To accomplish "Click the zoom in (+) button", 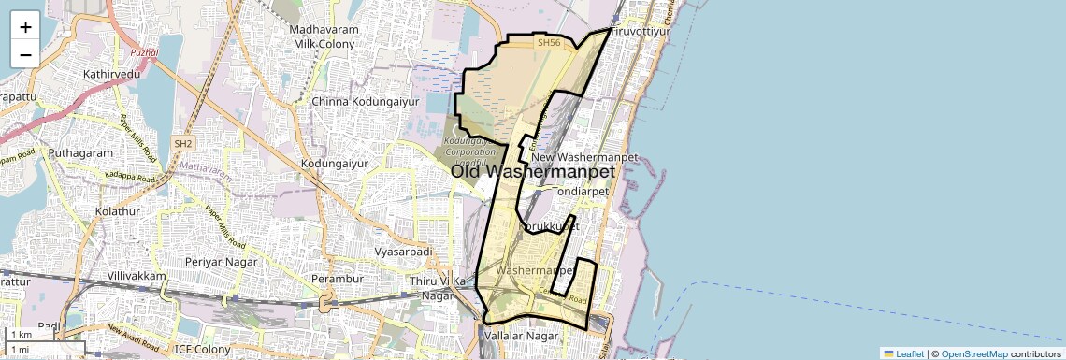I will [25, 27].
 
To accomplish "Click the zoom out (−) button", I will [25, 54].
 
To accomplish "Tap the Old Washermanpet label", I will [534, 172].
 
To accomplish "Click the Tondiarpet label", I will [581, 191].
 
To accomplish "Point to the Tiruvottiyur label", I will [641, 31].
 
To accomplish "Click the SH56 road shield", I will [548, 43].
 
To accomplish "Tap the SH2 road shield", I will [183, 143].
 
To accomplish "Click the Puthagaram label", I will [80, 152].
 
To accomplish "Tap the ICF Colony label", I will [202, 350].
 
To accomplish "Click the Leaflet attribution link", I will [903, 353].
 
